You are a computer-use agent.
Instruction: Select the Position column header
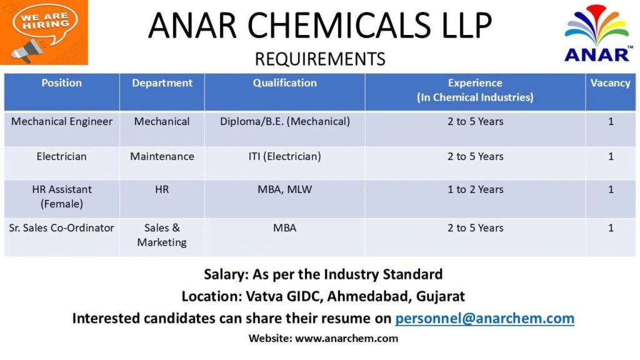[x=61, y=83]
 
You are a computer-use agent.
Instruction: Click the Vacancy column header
[x=610, y=83]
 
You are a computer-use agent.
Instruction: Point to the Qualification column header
[x=284, y=83]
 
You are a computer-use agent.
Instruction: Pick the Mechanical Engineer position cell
[x=62, y=121]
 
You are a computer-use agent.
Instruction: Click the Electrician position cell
[x=62, y=156]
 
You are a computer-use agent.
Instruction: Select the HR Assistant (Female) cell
[x=62, y=196]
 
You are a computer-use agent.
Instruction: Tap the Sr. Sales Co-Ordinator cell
[x=62, y=228]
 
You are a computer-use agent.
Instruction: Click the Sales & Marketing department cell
[x=162, y=235]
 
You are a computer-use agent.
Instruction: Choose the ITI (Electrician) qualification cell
[x=284, y=156]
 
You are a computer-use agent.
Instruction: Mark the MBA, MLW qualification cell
[x=284, y=189]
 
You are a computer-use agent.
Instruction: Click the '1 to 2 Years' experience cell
[x=475, y=189]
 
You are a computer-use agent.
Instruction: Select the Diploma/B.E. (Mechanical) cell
[x=284, y=121]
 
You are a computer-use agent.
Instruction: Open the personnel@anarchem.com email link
[x=484, y=318]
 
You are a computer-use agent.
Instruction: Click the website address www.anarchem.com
[x=346, y=339]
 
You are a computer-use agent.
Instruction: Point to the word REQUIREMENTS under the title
[x=320, y=59]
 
